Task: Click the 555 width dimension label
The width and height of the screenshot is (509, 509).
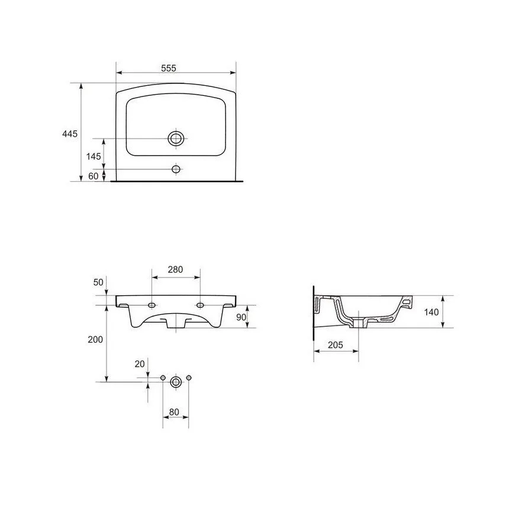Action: pos(169,68)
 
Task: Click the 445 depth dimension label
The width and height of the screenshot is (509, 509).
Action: pos(70,134)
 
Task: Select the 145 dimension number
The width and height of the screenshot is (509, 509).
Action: pos(94,156)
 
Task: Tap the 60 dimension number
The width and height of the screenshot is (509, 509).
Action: pos(93,176)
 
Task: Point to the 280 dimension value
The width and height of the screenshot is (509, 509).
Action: pos(175,269)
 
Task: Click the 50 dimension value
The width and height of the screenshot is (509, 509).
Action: pos(98,282)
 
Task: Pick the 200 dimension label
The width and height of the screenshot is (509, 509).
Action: pos(95,340)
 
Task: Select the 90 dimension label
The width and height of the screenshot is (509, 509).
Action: pos(241,317)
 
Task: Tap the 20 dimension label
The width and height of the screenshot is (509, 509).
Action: pos(140,364)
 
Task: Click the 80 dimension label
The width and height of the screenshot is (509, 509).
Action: pos(174,413)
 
